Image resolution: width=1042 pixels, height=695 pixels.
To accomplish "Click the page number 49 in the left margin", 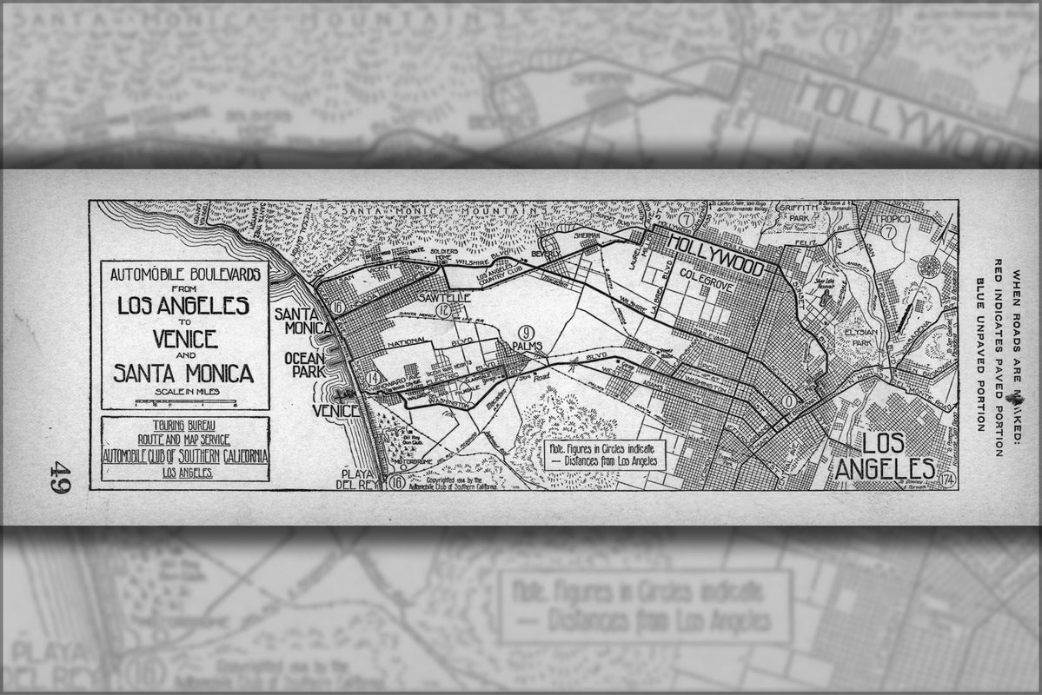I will [x=59, y=476].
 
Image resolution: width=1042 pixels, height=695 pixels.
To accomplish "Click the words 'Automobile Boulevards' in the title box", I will [x=185, y=274].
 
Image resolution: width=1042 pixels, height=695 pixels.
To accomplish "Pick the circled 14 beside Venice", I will [x=373, y=379].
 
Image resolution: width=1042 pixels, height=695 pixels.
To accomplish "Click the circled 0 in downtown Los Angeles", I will [x=788, y=401].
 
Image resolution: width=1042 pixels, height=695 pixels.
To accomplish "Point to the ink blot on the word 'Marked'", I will [x=1010, y=396].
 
